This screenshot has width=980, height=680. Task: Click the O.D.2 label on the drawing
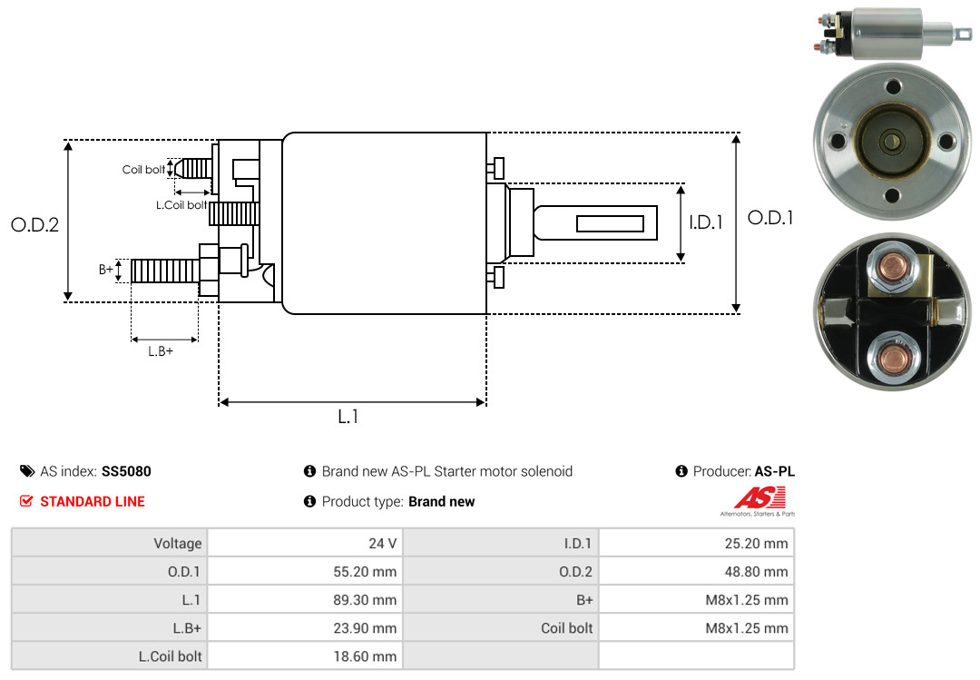click(35, 224)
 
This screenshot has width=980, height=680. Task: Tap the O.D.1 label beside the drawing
click(770, 218)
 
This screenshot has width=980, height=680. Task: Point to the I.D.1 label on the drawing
click(706, 222)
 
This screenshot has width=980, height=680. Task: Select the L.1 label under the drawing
click(348, 417)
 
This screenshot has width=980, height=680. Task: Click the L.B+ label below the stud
click(161, 351)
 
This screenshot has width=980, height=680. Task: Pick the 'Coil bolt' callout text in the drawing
click(143, 170)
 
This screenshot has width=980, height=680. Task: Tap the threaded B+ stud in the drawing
click(165, 271)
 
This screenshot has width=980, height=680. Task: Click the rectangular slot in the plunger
click(610, 223)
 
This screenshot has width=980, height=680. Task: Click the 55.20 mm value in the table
click(365, 572)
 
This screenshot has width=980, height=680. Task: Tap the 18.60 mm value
click(365, 656)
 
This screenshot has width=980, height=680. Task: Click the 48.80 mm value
click(756, 572)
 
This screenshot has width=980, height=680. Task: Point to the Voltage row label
click(178, 544)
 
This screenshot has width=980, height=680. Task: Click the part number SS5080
click(126, 471)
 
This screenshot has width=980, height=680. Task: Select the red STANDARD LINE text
click(93, 502)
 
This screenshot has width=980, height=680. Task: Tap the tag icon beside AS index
click(27, 471)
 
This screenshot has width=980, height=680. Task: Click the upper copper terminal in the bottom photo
click(893, 267)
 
